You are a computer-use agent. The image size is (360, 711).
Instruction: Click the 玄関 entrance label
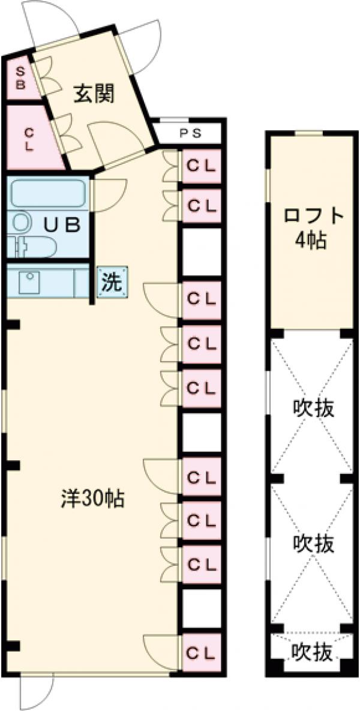94,94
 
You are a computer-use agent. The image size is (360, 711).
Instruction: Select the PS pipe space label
189,133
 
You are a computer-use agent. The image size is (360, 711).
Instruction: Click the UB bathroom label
62,224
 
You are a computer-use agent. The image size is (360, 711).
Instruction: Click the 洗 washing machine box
112,282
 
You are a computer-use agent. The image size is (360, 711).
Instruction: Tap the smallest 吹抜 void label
311,652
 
